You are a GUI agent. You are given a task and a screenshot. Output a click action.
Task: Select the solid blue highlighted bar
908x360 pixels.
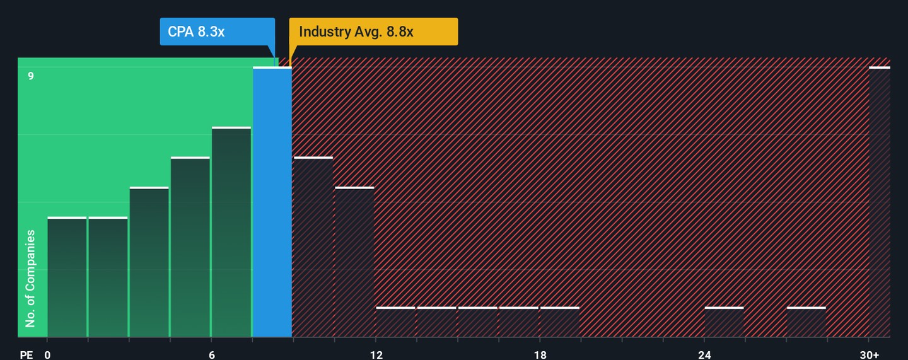pos(272,202)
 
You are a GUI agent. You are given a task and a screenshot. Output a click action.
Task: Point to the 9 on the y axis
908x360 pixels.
pos(30,76)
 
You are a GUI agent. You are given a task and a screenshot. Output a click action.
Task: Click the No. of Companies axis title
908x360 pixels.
pos(30,279)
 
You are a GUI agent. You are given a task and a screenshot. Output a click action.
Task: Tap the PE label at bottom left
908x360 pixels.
pos(26,355)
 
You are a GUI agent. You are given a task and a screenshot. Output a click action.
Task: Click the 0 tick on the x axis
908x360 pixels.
pos(47,355)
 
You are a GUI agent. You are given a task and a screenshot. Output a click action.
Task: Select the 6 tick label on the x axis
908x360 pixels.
pos(212,355)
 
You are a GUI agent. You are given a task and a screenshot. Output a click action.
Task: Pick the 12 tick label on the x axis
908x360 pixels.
pos(376,355)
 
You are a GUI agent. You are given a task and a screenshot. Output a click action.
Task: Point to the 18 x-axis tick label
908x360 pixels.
pos(540,355)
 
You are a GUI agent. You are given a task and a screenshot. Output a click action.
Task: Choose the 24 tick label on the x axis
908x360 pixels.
pos(704,355)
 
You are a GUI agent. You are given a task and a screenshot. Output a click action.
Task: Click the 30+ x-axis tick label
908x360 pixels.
pos(869,355)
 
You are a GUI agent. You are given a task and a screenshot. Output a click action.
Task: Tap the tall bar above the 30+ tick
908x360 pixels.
pos(880,202)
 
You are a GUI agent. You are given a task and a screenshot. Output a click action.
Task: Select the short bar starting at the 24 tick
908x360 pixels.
pos(724,322)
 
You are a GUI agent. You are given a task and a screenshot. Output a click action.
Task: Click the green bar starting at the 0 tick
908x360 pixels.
pos(67,277)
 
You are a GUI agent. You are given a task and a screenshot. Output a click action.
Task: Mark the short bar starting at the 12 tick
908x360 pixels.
pos(395,322)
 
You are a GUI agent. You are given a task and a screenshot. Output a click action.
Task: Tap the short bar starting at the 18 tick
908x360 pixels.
pos(560,322)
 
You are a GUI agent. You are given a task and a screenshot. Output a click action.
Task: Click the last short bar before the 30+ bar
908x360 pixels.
pos(806,322)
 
